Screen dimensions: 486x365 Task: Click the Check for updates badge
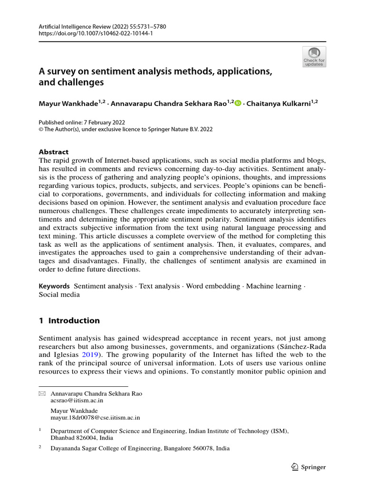pos(314,56)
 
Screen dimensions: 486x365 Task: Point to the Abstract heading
pos(53,152)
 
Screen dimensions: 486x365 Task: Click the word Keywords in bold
pos(54,286)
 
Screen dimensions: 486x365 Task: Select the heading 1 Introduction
pos(69,320)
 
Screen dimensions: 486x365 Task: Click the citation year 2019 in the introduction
pos(91,355)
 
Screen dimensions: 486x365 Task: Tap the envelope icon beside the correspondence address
pos(41,394)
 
